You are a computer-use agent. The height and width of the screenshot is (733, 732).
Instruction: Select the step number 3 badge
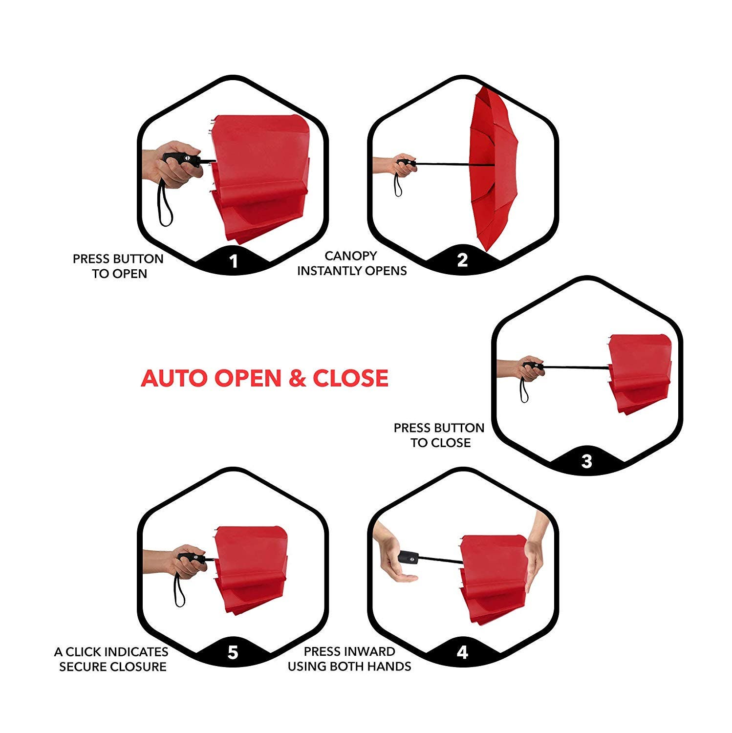click(x=587, y=461)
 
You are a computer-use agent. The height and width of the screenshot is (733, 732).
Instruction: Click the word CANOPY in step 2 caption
click(x=351, y=256)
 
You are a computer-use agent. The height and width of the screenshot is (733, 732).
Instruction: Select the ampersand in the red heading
click(x=296, y=378)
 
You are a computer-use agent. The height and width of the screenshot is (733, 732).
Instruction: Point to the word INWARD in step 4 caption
click(x=371, y=651)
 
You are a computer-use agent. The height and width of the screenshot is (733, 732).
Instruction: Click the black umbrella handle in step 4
click(x=408, y=557)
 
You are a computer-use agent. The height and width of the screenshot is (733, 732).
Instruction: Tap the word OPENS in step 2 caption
click(x=388, y=271)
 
